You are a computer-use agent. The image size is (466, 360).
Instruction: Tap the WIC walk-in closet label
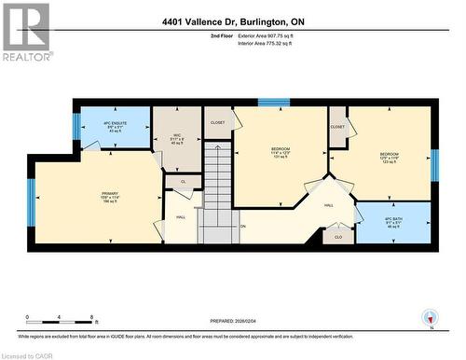click(178, 138)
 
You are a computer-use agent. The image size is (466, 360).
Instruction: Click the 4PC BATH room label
click(394, 222)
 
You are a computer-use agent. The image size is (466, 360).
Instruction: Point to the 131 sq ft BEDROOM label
click(281, 153)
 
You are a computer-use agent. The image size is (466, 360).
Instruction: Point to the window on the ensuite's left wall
click(76, 125)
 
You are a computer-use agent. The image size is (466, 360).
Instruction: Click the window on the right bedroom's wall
click(434, 162)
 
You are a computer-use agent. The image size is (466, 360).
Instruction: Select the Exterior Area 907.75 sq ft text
click(265, 35)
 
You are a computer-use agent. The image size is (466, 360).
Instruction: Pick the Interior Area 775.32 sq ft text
click(265, 43)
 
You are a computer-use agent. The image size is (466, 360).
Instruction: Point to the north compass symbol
click(428, 317)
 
